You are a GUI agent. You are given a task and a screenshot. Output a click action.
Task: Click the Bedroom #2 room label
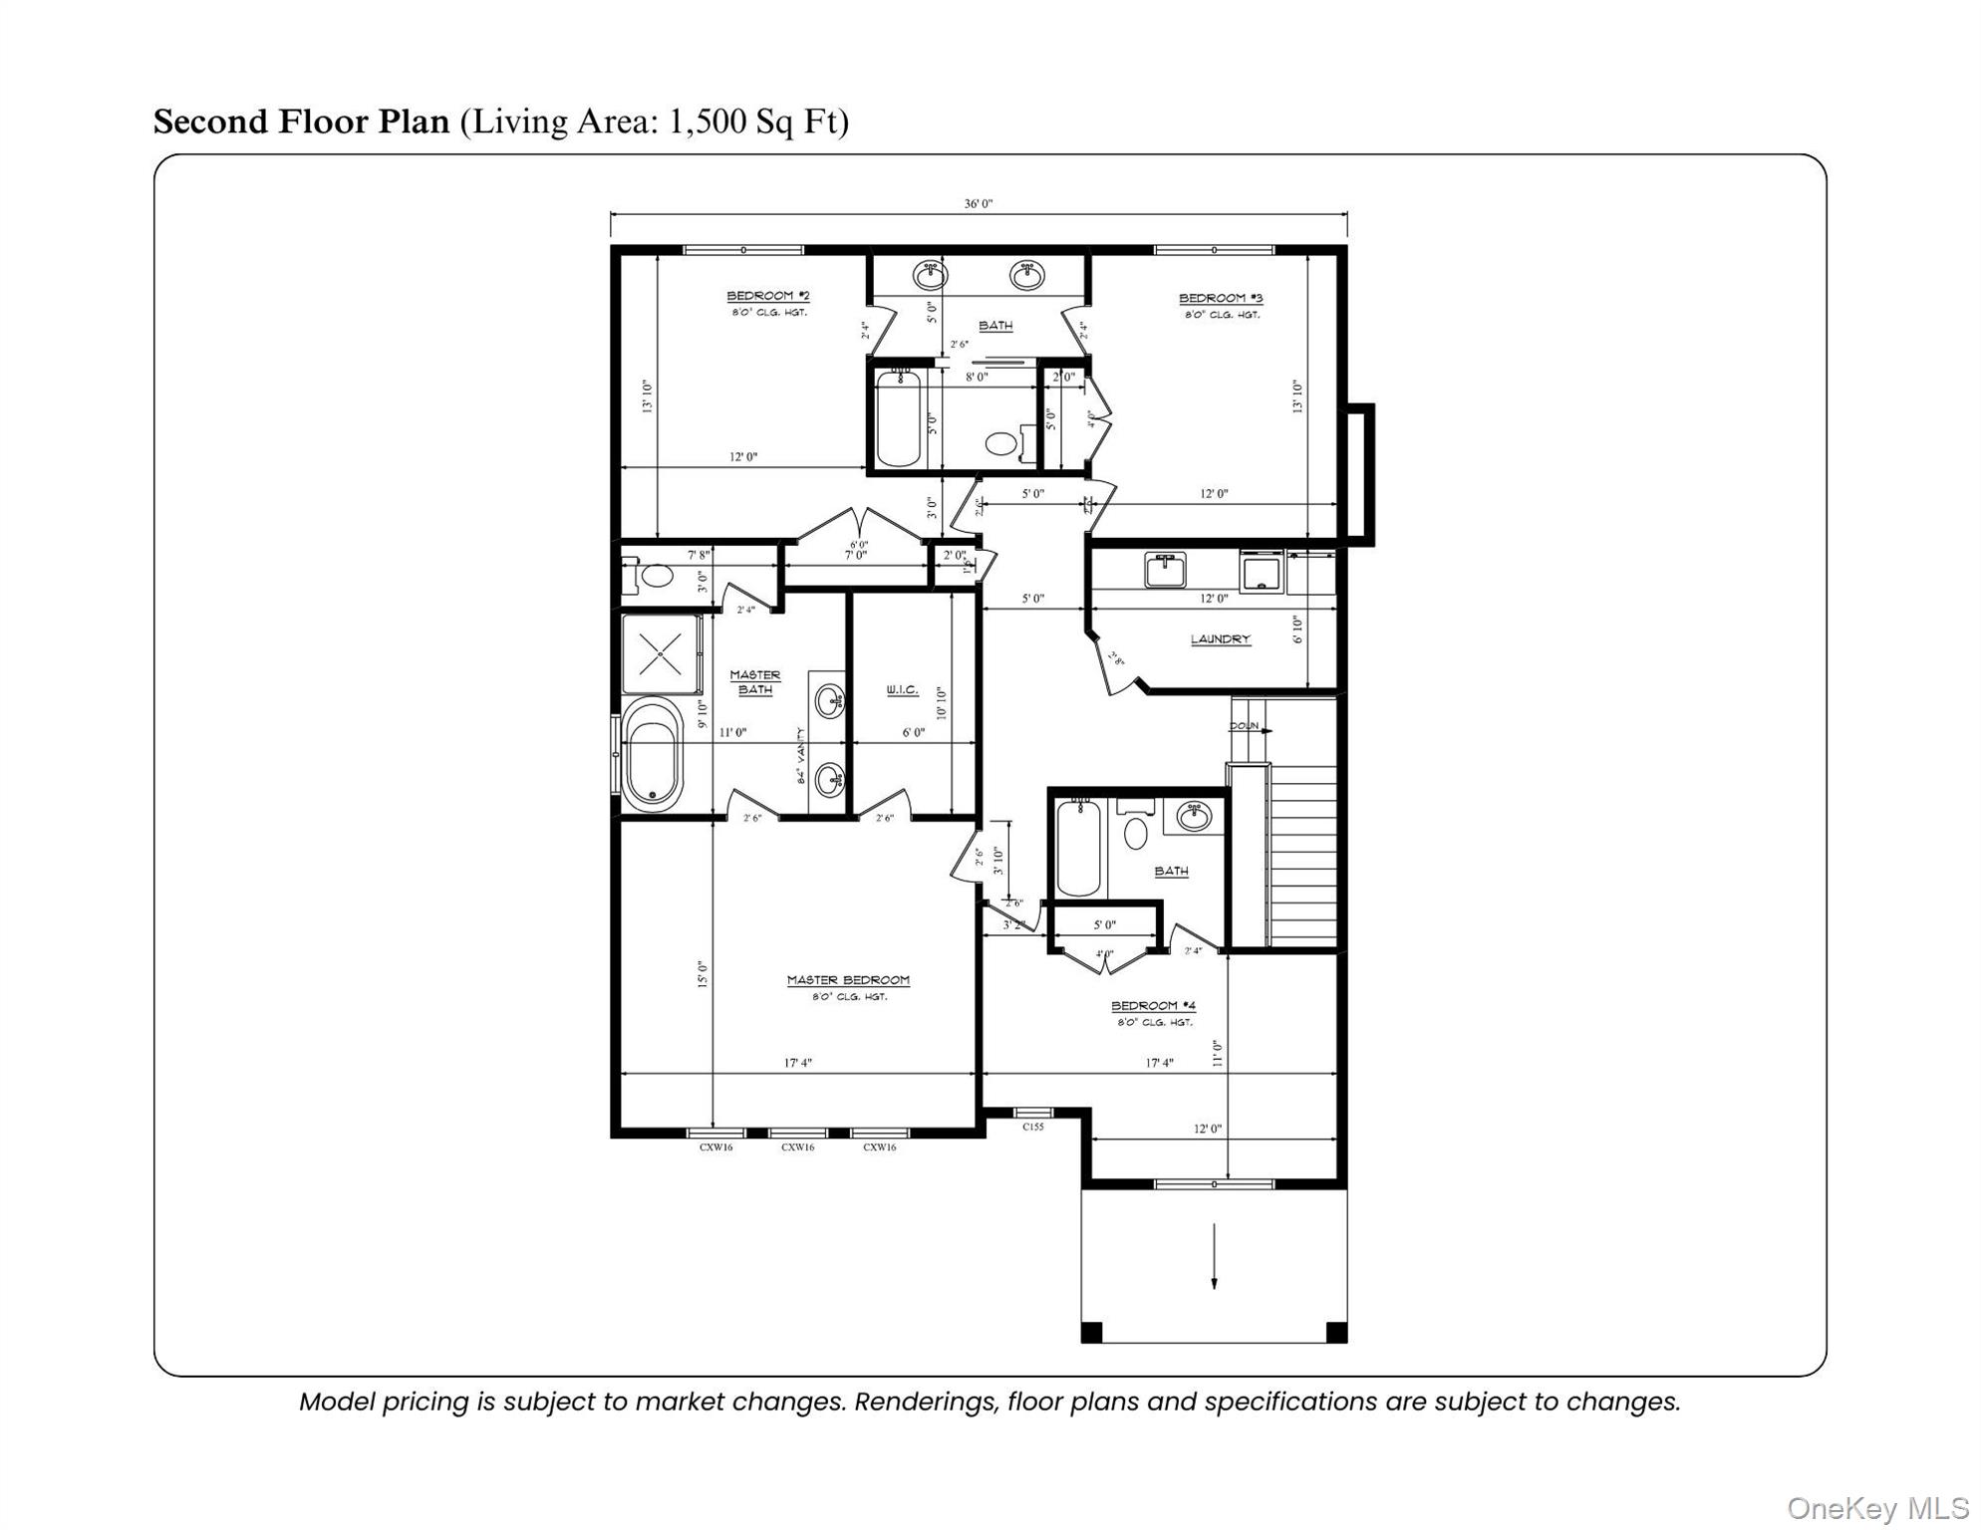click(x=767, y=296)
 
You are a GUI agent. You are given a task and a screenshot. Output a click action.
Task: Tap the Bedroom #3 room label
click(x=1220, y=298)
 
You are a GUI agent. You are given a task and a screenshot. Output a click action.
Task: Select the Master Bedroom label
click(x=848, y=980)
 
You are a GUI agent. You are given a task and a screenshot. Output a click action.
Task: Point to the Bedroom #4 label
click(x=1153, y=1006)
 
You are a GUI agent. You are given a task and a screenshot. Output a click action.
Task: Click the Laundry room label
click(x=1220, y=639)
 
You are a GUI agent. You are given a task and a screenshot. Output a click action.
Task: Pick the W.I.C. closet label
click(x=902, y=690)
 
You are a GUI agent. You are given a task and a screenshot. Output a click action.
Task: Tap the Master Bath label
click(x=754, y=682)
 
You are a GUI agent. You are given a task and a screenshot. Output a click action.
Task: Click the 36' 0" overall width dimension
click(x=978, y=204)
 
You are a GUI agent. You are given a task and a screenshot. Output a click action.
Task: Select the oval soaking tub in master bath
click(x=653, y=754)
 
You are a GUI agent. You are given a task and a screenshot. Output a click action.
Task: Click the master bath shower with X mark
click(x=659, y=654)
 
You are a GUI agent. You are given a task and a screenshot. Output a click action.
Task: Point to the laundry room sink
click(x=1164, y=571)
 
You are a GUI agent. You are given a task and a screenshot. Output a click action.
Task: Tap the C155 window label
click(x=1033, y=1127)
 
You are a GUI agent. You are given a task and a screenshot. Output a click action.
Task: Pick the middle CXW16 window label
click(x=797, y=1147)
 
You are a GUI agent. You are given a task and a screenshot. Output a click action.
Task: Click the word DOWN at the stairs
click(x=1244, y=726)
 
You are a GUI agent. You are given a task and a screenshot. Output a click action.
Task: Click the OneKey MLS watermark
click(x=1874, y=1508)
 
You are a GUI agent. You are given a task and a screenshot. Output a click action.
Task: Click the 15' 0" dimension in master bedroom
click(x=703, y=973)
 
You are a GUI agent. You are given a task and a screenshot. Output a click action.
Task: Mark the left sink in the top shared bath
click(x=930, y=274)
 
